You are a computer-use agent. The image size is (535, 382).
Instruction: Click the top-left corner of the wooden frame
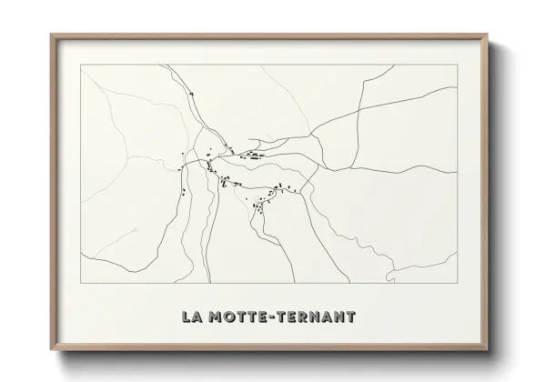[x=51, y=35]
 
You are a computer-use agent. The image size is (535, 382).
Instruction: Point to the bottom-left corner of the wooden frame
[x=51, y=350]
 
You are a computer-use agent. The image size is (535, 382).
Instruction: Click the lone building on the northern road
[x=192, y=95]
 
